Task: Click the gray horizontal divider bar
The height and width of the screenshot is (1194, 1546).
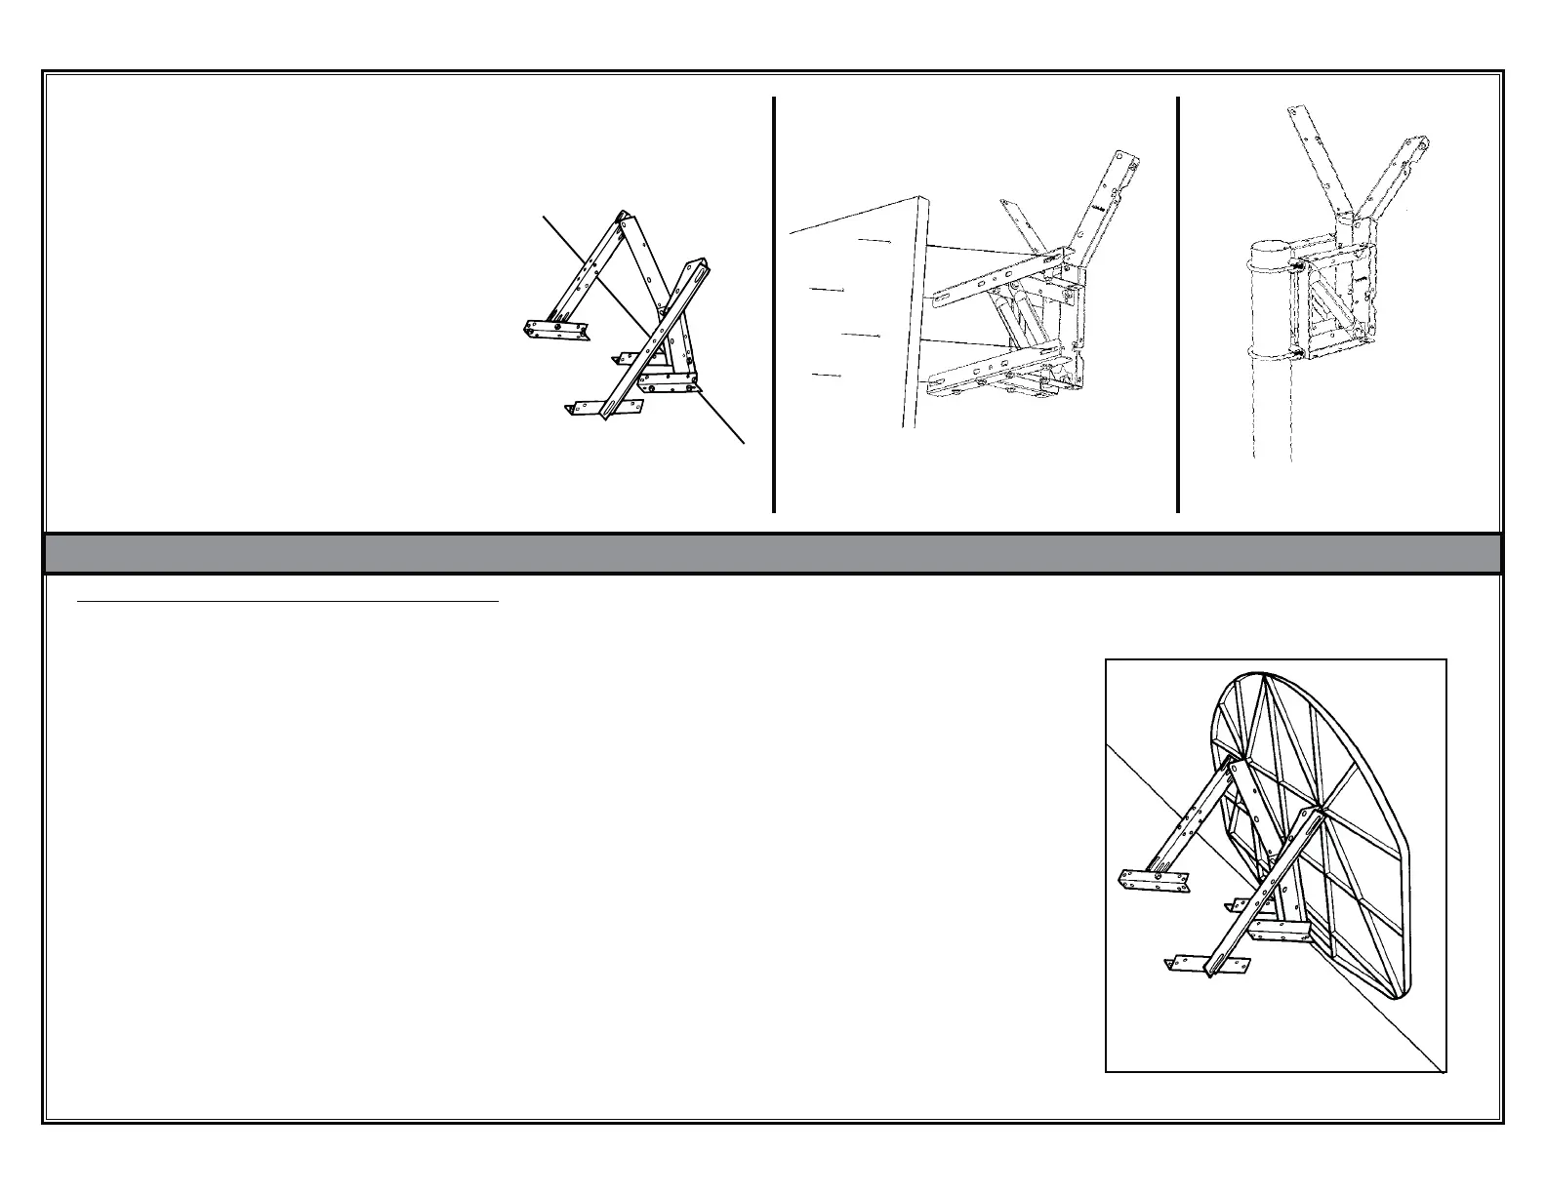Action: [771, 553]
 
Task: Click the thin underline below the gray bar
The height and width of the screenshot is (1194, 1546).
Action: [288, 603]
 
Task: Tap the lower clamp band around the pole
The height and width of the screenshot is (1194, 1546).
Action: [1259, 353]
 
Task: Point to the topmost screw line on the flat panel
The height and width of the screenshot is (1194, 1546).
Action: [874, 240]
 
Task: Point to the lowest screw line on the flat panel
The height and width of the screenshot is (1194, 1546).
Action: [827, 375]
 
